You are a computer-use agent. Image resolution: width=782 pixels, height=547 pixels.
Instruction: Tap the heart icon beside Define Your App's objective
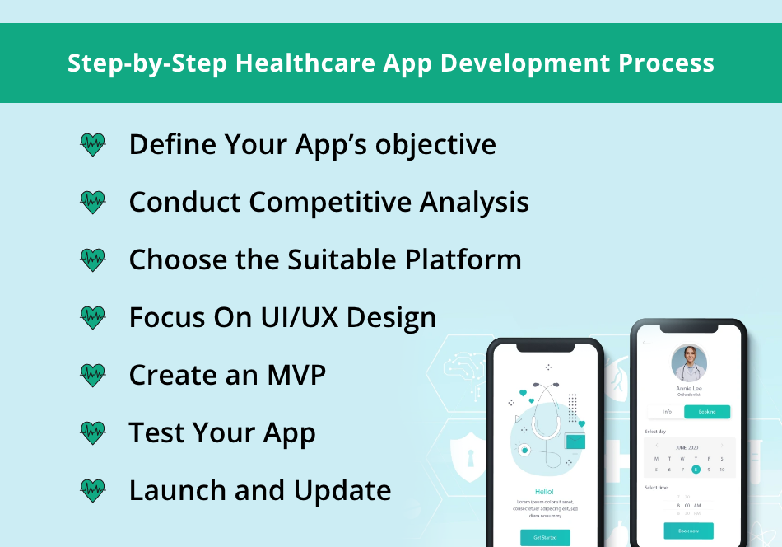click(x=93, y=145)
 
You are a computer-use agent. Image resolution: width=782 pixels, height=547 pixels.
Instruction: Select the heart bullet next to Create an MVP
click(x=93, y=376)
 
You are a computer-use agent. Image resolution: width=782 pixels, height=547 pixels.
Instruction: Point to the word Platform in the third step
click(x=462, y=259)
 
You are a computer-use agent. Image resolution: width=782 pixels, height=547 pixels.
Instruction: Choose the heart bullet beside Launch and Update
click(x=93, y=491)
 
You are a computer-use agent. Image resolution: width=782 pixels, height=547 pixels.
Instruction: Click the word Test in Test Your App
click(x=156, y=432)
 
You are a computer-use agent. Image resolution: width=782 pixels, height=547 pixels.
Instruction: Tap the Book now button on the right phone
click(x=689, y=531)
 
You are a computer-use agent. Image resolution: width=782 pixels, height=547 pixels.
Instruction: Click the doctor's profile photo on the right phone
click(x=689, y=363)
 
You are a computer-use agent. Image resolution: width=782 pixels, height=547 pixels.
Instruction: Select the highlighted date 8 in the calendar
click(x=696, y=470)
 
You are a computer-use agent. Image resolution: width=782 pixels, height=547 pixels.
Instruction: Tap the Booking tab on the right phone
click(x=707, y=412)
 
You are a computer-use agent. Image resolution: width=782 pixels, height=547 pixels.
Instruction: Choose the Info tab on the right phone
click(x=668, y=412)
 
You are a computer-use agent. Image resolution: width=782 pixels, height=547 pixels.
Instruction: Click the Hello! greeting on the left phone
click(x=545, y=492)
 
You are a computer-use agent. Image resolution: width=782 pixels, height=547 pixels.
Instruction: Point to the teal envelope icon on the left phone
click(x=575, y=442)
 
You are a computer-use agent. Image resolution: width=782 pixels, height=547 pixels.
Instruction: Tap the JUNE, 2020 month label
click(x=687, y=447)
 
